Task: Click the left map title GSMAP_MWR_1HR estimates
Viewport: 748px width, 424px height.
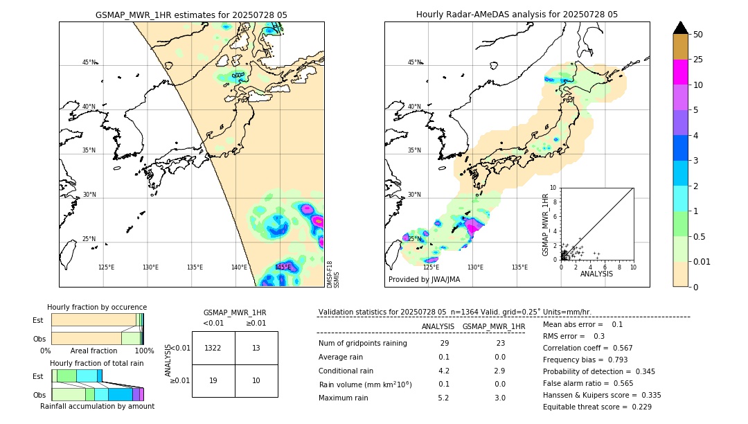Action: pyautogui.click(x=191, y=15)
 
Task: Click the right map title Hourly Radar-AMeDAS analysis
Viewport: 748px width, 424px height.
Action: pyautogui.click(x=517, y=15)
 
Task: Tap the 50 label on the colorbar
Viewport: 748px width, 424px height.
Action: pyautogui.click(x=698, y=35)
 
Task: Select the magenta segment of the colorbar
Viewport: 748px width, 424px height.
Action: pyautogui.click(x=680, y=72)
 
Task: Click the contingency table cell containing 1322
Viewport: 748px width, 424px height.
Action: pyautogui.click(x=213, y=348)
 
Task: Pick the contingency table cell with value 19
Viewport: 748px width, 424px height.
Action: pyautogui.click(x=213, y=380)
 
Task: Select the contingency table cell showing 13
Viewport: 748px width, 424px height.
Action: pyautogui.click(x=256, y=348)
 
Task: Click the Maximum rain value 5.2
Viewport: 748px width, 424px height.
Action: pyautogui.click(x=443, y=398)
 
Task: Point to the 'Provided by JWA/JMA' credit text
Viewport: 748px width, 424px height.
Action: pyautogui.click(x=424, y=280)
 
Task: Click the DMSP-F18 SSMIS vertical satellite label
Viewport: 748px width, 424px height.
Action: pyautogui.click(x=333, y=274)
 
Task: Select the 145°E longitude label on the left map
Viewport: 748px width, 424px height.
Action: pyautogui.click(x=283, y=267)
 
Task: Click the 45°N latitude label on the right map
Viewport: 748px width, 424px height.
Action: pyautogui.click(x=414, y=62)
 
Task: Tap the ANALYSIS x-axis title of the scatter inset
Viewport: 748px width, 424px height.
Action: pyautogui.click(x=596, y=274)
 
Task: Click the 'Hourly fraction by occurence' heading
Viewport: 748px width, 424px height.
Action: pyautogui.click(x=97, y=307)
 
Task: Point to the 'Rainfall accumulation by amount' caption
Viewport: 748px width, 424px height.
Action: pyautogui.click(x=97, y=406)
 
